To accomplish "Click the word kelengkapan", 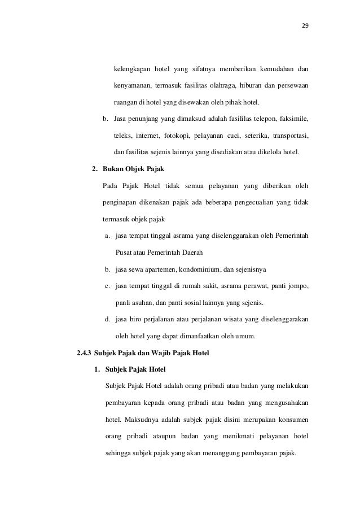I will point(132,69).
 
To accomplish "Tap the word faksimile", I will point(294,120).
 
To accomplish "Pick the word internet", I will point(146,136).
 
